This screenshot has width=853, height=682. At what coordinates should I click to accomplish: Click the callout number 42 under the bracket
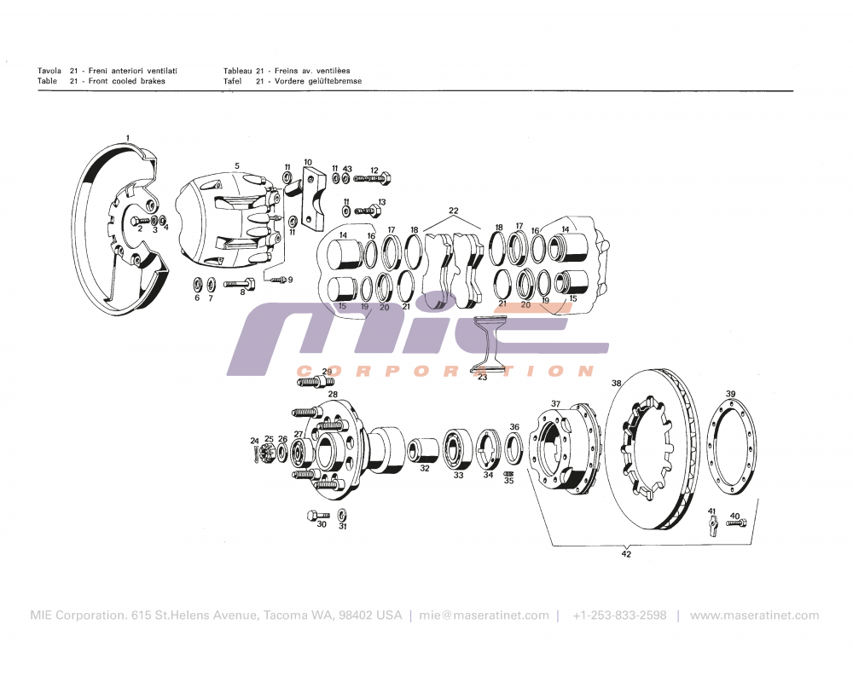pyautogui.click(x=626, y=554)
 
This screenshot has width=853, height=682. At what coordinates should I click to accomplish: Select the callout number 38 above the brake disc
pyautogui.click(x=617, y=384)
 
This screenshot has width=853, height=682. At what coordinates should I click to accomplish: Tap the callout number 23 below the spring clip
pyautogui.click(x=483, y=377)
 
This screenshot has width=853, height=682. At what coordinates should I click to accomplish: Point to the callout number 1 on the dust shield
pyautogui.click(x=128, y=138)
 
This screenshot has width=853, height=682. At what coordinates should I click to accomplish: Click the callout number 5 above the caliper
pyautogui.click(x=237, y=165)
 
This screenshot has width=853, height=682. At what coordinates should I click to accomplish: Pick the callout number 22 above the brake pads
pyautogui.click(x=454, y=211)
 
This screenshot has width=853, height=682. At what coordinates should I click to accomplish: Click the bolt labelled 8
pyautogui.click(x=239, y=284)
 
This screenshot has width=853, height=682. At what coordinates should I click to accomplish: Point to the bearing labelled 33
pyautogui.click(x=458, y=448)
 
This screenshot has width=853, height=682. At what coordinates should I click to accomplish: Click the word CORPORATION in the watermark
pyautogui.click(x=444, y=371)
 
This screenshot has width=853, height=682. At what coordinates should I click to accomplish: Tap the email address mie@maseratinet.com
pyautogui.click(x=485, y=616)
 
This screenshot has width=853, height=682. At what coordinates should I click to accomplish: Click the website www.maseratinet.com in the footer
pyautogui.click(x=754, y=616)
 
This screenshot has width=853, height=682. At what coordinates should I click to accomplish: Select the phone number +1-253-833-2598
pyautogui.click(x=619, y=616)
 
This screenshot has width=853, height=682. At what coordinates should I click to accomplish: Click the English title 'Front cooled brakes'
pyautogui.click(x=127, y=81)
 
